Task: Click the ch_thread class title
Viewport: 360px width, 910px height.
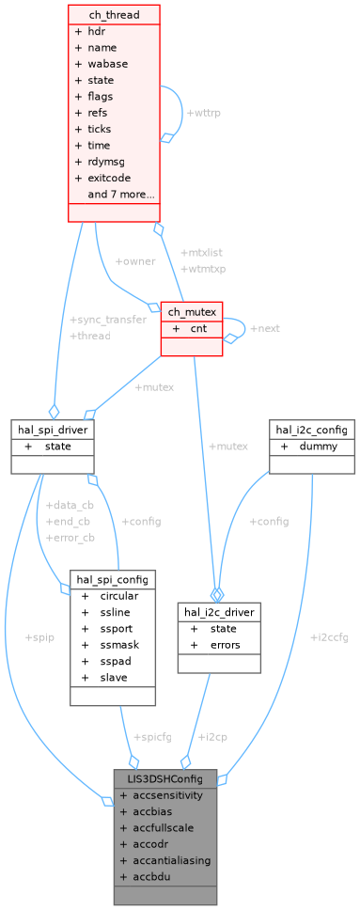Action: (x=114, y=14)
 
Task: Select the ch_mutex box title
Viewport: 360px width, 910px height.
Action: (x=192, y=311)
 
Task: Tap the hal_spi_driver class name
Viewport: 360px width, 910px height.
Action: (x=52, y=429)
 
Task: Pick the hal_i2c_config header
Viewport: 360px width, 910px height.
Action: (x=312, y=429)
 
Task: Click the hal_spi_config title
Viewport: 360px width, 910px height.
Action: (x=112, y=578)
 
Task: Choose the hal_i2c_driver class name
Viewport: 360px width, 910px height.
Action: (x=219, y=611)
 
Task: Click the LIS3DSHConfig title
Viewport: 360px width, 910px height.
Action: (x=164, y=778)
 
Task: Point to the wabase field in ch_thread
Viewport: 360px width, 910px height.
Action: (x=107, y=64)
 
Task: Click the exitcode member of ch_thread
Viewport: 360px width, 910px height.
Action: (x=109, y=178)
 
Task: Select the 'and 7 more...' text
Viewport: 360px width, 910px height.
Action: (x=121, y=195)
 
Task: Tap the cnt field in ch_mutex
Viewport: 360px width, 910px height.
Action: (x=198, y=329)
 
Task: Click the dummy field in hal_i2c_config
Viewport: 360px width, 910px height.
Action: (x=318, y=447)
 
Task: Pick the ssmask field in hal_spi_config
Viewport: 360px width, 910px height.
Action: (x=119, y=644)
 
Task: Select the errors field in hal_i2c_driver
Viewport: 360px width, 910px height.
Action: (x=226, y=645)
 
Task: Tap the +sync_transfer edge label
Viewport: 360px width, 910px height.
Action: (x=108, y=320)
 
